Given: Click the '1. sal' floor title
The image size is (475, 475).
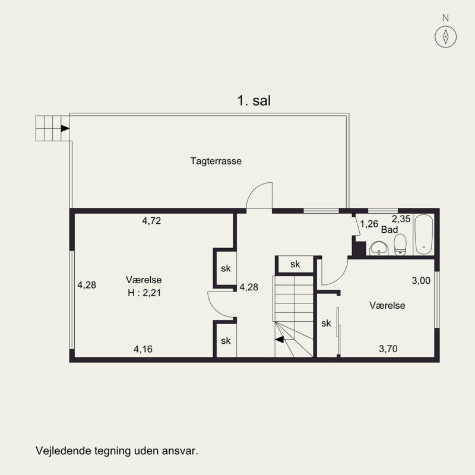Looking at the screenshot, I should point(254,102).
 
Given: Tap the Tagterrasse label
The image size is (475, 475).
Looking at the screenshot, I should point(216,161).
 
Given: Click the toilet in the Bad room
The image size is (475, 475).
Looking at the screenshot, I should point(400,244).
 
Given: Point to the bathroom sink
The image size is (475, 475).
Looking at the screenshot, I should point(377,248).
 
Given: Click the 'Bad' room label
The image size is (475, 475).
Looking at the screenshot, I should point(389,229).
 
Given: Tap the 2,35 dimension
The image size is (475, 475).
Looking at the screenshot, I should point(401,218).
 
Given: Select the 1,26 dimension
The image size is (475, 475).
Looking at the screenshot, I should point(369,224).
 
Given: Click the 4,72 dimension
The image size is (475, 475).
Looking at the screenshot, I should point(151,220).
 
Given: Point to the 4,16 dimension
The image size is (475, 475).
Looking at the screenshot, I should point(142,349).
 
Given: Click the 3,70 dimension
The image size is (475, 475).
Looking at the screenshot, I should point(388,349).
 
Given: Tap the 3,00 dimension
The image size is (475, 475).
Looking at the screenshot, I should point(421,281).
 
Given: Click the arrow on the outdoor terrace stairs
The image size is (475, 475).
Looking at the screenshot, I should point(64,128).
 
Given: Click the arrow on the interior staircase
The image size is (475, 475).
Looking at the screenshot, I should point(280,340).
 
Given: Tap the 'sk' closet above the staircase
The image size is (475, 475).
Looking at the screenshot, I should point(295,264).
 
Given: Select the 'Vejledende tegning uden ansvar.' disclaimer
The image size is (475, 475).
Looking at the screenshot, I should point(116,451).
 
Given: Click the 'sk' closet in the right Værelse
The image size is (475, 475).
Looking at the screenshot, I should point(326,324).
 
